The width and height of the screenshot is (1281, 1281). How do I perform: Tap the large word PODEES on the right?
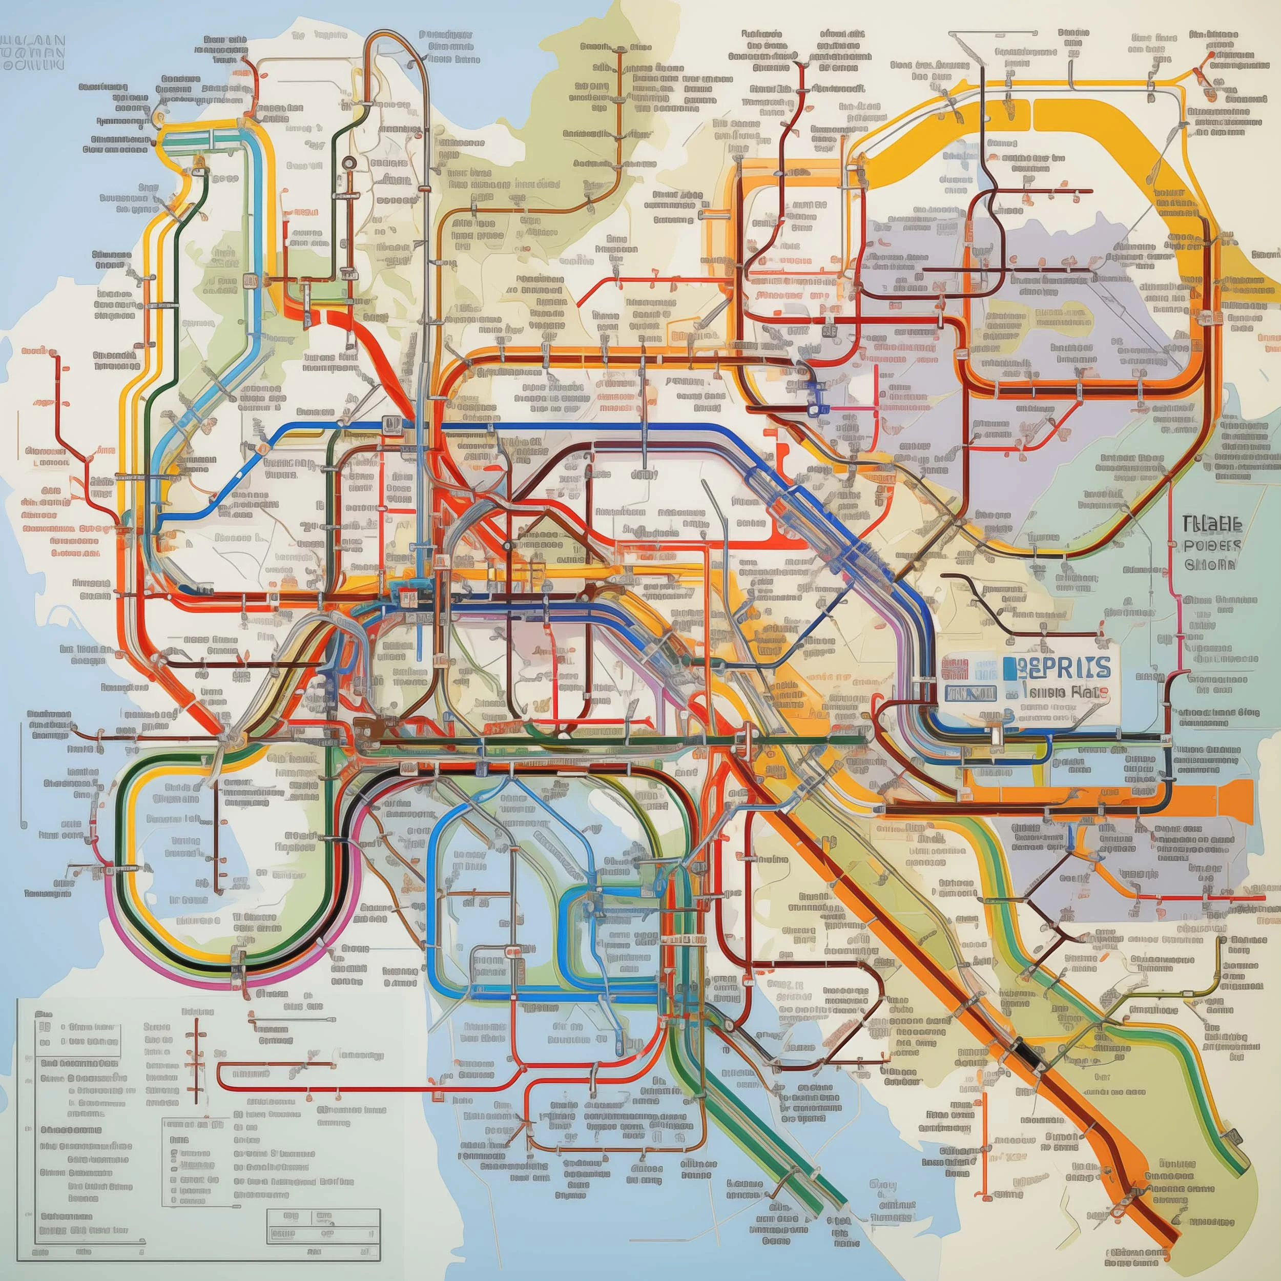1211,546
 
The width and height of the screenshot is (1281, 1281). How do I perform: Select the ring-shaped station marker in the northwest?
348,162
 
